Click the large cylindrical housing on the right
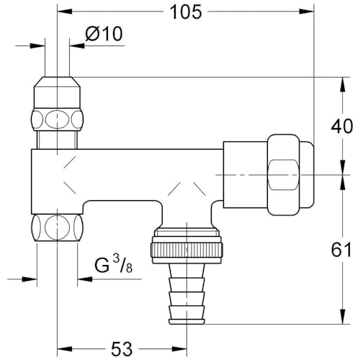coord(245,175)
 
